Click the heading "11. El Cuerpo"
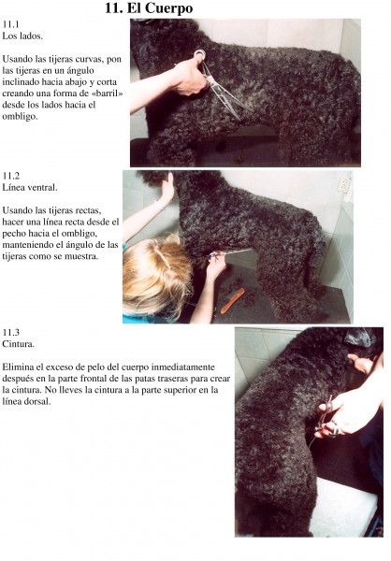pyautogui.click(x=149, y=8)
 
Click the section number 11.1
pyautogui.click(x=10, y=24)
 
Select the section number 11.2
pyautogui.click(x=10, y=176)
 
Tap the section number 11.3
pyautogui.click(x=10, y=332)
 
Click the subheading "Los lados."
pyautogui.click(x=22, y=36)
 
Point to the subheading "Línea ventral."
pyautogui.click(x=30, y=188)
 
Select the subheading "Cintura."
pyautogui.click(x=19, y=344)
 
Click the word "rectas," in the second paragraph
pyautogui.click(x=88, y=210)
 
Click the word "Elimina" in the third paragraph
pyautogui.click(x=18, y=367)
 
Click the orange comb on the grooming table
pyautogui.click(x=232, y=301)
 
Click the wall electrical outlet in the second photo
pyautogui.click(x=343, y=185)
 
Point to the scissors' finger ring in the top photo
pyautogui.click(x=200, y=55)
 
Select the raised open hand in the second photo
pyautogui.click(x=167, y=189)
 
